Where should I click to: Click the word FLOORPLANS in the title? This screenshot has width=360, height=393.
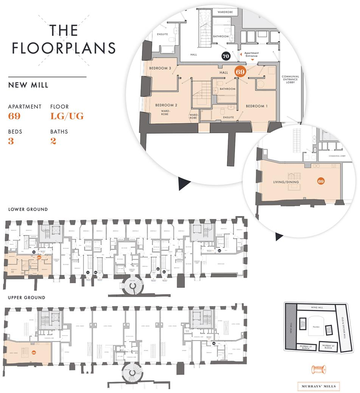click(63, 48)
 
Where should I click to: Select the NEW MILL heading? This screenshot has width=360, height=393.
click(28, 85)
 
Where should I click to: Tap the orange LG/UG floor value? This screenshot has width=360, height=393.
click(67, 116)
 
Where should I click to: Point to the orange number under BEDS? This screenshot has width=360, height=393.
click(11, 141)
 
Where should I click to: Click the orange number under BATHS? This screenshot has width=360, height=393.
click(53, 141)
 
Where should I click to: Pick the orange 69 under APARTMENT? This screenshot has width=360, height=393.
click(14, 116)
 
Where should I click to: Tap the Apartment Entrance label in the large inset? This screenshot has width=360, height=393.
click(252, 55)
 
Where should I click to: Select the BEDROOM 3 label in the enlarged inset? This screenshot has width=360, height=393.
click(160, 68)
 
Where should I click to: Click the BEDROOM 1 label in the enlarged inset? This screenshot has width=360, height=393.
click(256, 106)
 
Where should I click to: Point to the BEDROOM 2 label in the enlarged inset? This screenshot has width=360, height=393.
click(166, 105)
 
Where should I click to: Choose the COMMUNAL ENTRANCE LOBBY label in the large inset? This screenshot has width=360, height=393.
click(290, 79)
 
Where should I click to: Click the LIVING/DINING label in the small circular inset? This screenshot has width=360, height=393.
click(286, 182)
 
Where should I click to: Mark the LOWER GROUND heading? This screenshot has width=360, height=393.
click(28, 210)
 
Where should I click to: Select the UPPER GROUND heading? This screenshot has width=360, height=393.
click(26, 297)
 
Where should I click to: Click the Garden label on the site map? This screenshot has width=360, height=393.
click(316, 328)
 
